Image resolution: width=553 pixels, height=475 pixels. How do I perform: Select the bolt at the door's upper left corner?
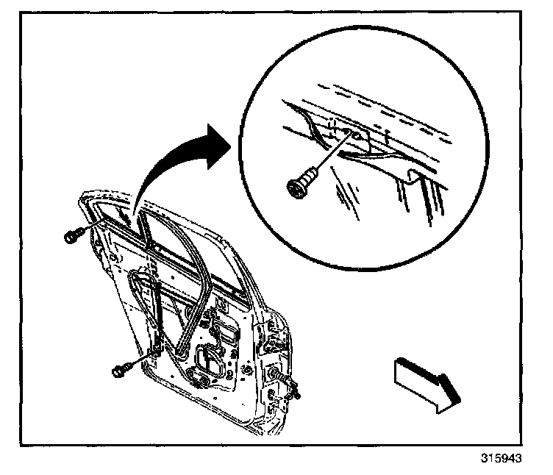71,236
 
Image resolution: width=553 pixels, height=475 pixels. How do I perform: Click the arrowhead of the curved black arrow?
218,140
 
